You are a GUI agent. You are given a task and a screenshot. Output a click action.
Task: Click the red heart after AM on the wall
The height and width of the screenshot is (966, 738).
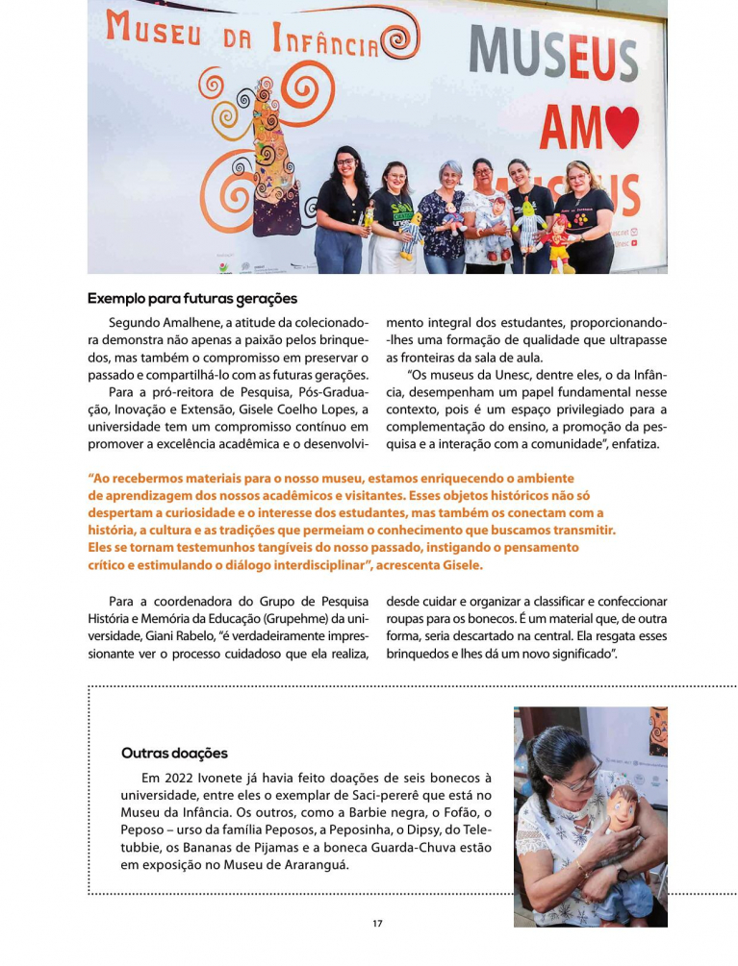(x=622, y=127)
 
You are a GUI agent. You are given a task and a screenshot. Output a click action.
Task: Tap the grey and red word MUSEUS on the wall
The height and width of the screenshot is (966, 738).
(x=552, y=54)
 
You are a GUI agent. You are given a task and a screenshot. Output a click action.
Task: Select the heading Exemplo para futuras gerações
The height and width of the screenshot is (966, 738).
(x=192, y=298)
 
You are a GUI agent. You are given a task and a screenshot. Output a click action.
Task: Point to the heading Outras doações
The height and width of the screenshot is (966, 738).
(x=174, y=753)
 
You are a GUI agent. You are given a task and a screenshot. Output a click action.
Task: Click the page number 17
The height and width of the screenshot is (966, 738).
(x=377, y=924)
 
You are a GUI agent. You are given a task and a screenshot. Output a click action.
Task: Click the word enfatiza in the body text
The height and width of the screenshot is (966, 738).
(x=631, y=444)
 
